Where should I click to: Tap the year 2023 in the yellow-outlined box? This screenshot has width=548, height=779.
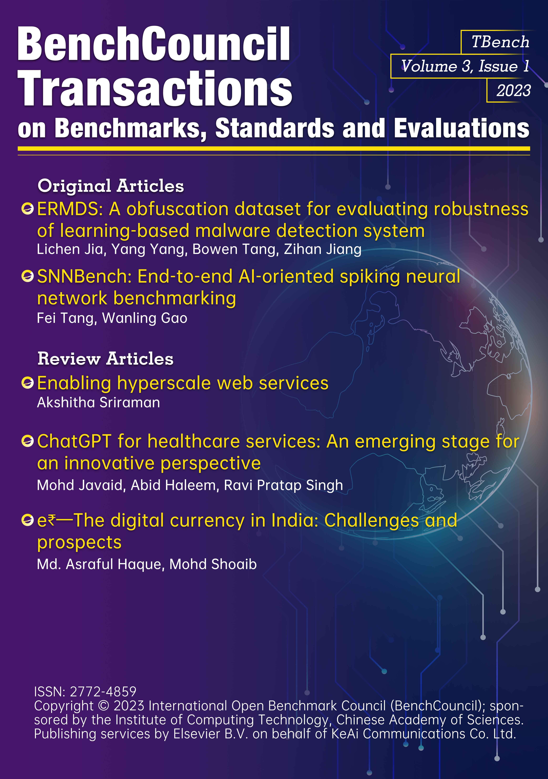coord(513,91)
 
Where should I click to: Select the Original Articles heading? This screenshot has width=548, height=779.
coord(111,186)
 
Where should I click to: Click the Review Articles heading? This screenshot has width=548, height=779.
coord(105,359)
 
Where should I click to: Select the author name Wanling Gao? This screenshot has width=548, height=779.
coord(145,318)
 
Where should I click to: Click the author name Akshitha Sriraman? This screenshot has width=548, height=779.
coord(98,402)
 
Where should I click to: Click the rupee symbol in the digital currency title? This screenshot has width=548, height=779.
coord(51,520)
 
